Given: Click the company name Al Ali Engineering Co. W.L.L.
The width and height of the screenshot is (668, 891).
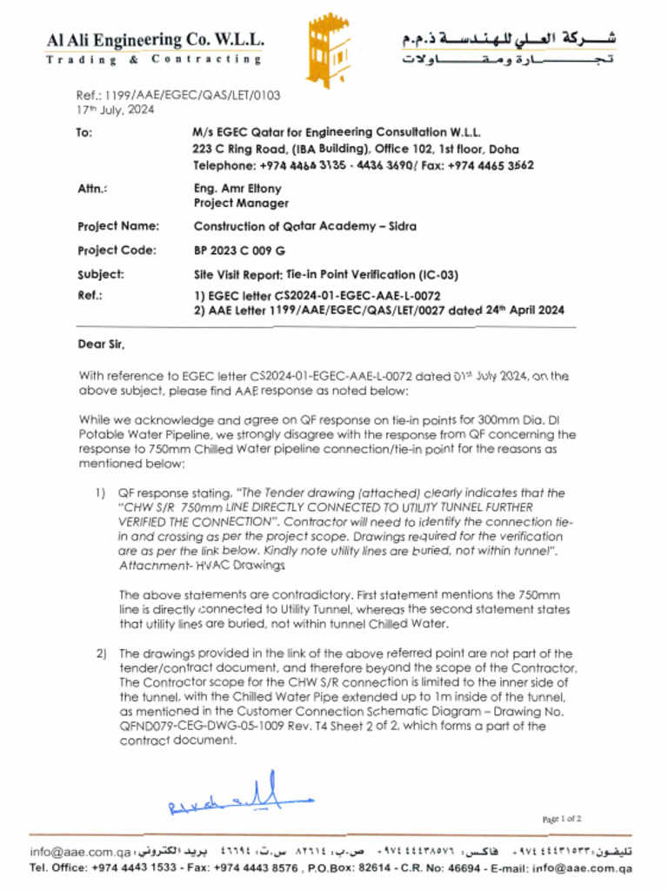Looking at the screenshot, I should pyautogui.click(x=156, y=40).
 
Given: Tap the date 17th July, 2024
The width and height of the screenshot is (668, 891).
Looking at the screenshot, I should pyautogui.click(x=115, y=111).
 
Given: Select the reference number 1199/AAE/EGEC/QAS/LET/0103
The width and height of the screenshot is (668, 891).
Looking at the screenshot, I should pyautogui.click(x=178, y=96).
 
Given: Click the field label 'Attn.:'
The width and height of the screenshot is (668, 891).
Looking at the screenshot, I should pyautogui.click(x=92, y=188).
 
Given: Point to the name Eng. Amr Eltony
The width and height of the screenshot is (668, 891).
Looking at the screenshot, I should pyautogui.click(x=237, y=188).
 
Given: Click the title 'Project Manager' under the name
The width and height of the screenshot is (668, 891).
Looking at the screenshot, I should pyautogui.click(x=241, y=203).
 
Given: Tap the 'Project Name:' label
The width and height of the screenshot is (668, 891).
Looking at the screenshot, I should pyautogui.click(x=118, y=226).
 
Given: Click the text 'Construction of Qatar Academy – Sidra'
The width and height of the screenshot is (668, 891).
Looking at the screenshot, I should pyautogui.click(x=304, y=226).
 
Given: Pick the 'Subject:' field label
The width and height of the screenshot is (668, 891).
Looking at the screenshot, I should pyautogui.click(x=101, y=275).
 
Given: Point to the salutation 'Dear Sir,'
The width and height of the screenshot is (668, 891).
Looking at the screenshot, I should pyautogui.click(x=102, y=345).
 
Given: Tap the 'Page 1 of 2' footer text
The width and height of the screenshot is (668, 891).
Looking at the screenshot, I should pyautogui.click(x=561, y=819).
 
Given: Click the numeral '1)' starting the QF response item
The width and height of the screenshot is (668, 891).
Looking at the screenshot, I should pyautogui.click(x=101, y=493).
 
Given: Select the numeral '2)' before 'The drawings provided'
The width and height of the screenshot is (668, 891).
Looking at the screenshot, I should pyautogui.click(x=101, y=653).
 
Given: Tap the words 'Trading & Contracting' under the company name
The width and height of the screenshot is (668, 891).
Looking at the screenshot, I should pyautogui.click(x=153, y=60).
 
